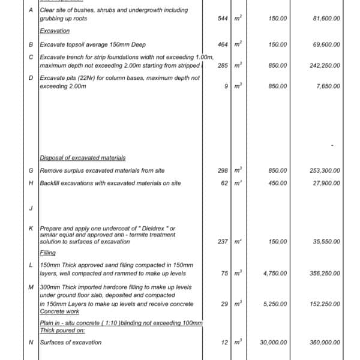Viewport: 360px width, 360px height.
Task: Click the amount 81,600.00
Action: (x=326, y=19)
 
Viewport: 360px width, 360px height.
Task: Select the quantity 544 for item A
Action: (x=223, y=19)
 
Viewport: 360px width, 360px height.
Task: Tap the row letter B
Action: (x=31, y=45)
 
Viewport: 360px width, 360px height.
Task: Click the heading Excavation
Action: (x=55, y=31)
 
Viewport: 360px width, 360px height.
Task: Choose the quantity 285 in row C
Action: (x=223, y=65)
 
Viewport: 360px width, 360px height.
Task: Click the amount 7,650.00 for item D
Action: (x=328, y=86)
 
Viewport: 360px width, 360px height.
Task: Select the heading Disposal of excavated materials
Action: (x=83, y=158)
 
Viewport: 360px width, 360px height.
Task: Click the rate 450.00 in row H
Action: (x=278, y=183)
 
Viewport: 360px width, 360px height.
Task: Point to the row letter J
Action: (x=31, y=208)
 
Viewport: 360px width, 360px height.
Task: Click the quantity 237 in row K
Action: (x=223, y=242)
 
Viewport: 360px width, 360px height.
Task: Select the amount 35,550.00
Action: (x=326, y=242)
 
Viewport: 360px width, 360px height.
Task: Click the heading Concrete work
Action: (x=59, y=311)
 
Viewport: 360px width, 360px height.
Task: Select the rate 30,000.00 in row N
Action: (x=273, y=343)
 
